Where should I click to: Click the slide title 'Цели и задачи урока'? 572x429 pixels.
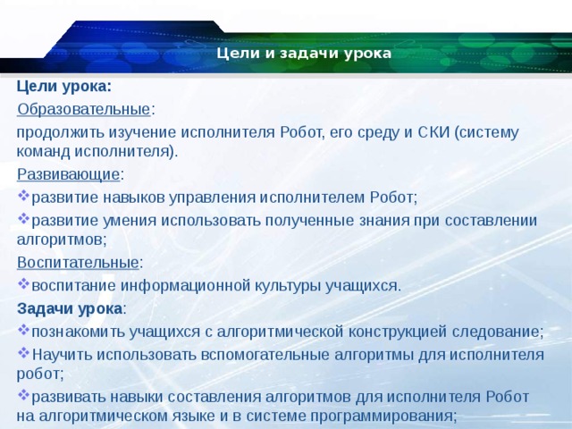(304, 54)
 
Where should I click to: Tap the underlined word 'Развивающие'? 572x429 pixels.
(68, 174)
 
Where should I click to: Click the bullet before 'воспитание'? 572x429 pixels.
(23, 284)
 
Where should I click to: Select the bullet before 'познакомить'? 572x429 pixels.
(23, 330)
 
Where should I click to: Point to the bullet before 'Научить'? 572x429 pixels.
(23, 352)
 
